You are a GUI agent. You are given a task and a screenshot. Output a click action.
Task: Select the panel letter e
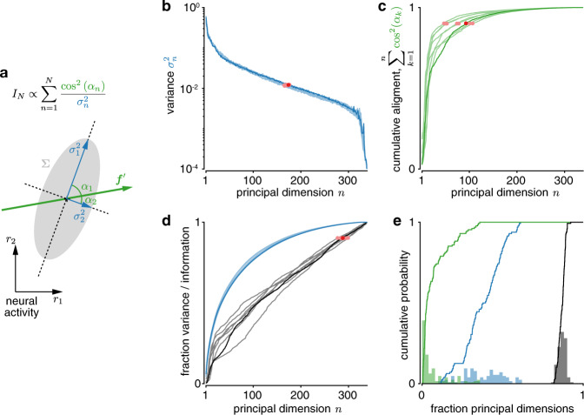(x=397, y=222)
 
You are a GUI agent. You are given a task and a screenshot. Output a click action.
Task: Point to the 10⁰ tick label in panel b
(x=193, y=7)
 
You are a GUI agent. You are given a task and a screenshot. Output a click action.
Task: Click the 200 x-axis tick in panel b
(x=300, y=181)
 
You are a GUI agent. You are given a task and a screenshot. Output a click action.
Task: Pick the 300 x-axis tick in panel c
(x=563, y=181)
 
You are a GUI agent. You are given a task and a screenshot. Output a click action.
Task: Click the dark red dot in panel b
(x=289, y=85)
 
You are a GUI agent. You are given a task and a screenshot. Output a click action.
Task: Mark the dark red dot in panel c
(x=466, y=23)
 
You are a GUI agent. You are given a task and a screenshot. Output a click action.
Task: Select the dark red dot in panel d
(x=342, y=238)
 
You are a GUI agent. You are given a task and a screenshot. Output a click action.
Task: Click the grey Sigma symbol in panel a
(x=45, y=164)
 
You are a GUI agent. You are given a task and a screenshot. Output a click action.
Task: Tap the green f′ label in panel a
(x=120, y=180)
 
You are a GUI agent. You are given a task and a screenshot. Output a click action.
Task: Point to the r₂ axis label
(x=10, y=239)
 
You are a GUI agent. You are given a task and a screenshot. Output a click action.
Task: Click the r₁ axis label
(x=57, y=299)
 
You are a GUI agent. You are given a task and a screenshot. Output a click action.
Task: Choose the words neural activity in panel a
(x=22, y=306)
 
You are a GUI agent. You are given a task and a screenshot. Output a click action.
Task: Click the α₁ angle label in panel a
(x=86, y=188)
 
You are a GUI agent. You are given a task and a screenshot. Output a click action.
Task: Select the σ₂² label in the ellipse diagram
(x=79, y=216)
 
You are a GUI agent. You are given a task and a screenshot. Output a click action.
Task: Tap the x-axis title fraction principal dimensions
(x=502, y=408)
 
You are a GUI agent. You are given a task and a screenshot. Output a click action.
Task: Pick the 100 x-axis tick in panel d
(x=253, y=396)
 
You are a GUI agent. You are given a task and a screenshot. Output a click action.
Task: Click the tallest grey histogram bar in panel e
(x=562, y=358)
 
